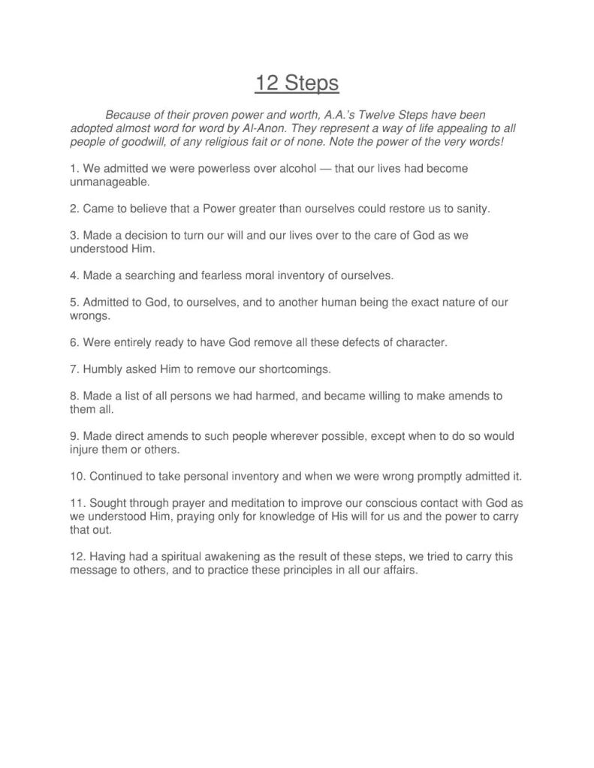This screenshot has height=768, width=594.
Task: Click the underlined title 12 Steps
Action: pyautogui.click(x=297, y=83)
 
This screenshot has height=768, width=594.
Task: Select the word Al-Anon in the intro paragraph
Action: pyautogui.click(x=265, y=128)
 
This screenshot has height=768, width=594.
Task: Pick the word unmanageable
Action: pyautogui.click(x=110, y=182)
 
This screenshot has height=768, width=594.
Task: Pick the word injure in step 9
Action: pyautogui.click(x=85, y=450)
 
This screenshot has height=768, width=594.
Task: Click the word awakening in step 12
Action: pyautogui.click(x=209, y=557)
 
